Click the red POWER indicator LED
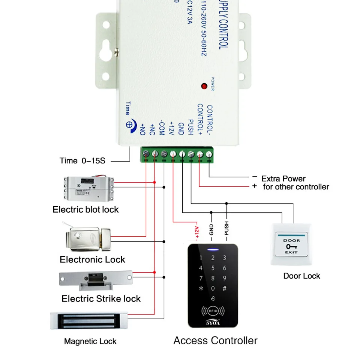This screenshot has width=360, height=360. point(204,86)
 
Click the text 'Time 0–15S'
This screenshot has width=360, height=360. point(82,161)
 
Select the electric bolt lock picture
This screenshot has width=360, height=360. point(89,188)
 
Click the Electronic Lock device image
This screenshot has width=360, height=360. point(88,238)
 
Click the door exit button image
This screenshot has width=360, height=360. point(291,245)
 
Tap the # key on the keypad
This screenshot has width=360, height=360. point(225,289)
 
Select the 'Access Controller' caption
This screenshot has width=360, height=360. point(215,340)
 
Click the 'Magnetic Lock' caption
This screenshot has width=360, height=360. point(90,341)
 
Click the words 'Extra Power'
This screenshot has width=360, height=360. point(283,178)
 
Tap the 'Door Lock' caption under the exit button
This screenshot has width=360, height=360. point(301,276)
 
